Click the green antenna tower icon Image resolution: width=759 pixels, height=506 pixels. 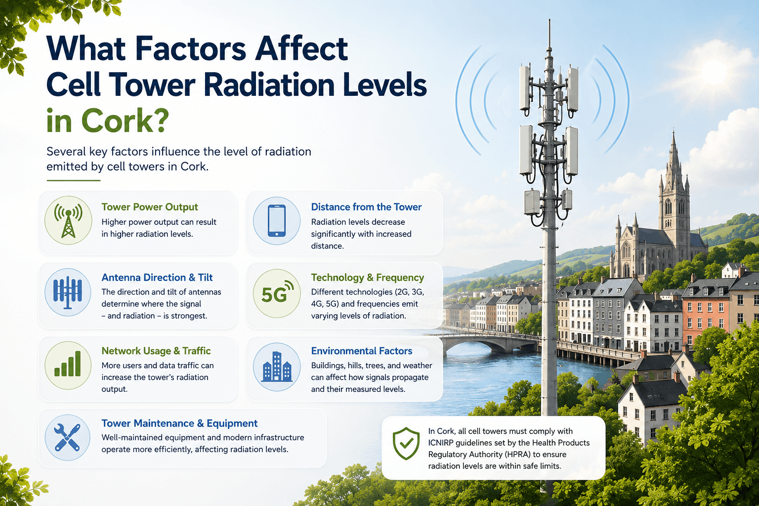pos(68,220)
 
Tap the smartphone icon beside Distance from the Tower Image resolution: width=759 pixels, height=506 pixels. pos(277,220)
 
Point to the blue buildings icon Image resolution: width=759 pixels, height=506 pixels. pos(277,367)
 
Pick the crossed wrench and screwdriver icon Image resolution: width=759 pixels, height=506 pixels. pos(67,437)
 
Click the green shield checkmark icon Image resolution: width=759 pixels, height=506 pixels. pos(406,443)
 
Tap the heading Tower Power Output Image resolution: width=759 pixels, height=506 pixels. pos(150,207)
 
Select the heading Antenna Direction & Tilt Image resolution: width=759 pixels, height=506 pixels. pos(157,277)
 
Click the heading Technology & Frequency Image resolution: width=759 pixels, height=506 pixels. pos(368,277)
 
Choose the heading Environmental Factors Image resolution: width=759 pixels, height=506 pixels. pos(362,351)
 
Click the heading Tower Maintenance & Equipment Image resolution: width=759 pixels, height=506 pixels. pos(179,423)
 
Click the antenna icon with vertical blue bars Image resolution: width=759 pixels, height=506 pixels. pos(68,292)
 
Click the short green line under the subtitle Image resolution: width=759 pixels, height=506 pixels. pos(74,180)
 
